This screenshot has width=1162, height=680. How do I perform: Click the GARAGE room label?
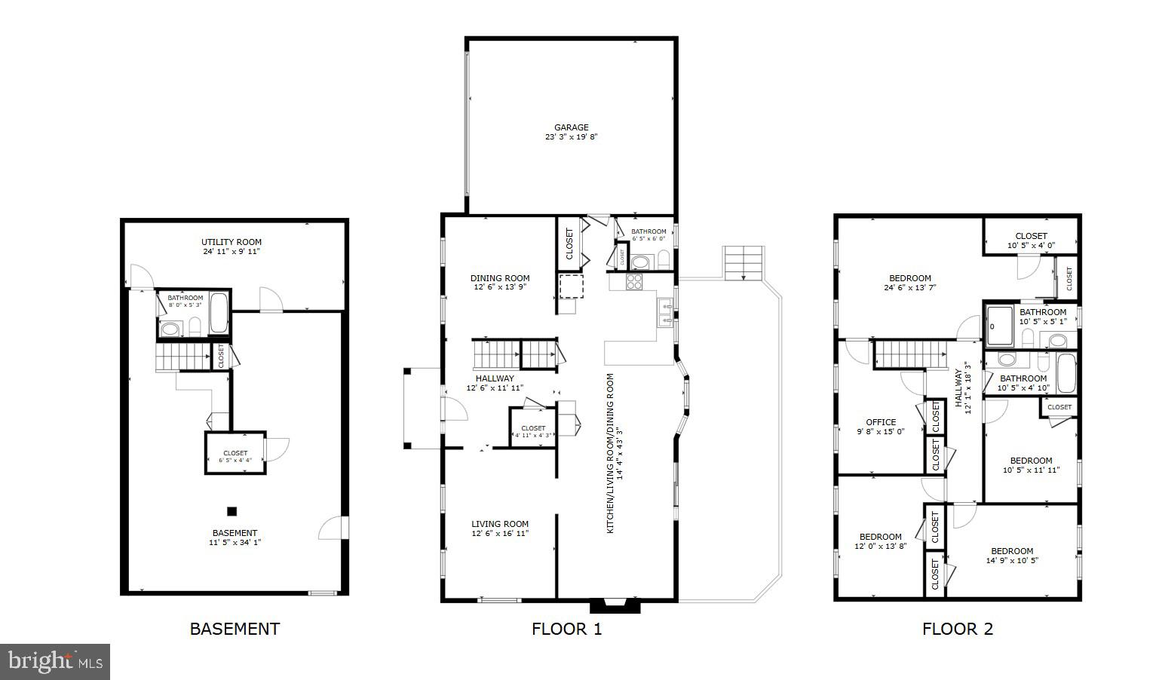coord(571,127)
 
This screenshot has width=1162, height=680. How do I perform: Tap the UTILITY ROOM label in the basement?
coord(231,242)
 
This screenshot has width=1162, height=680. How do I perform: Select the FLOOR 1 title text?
coord(566,629)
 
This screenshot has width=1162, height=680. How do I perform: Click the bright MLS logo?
coord(55,662)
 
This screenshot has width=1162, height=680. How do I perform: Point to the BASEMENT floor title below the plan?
coord(235,629)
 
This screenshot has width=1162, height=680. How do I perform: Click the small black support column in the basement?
coord(232,510)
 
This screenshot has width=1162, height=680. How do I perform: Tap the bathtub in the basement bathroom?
coord(219,313)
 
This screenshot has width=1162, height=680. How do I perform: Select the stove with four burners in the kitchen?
coord(634,282)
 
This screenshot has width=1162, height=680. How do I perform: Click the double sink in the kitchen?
coord(664,313)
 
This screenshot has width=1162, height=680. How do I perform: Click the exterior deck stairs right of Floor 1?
coord(743,263)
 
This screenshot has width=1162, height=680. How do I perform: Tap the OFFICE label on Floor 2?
coord(881,422)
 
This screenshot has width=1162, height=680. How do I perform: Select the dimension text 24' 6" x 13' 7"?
coord(909,287)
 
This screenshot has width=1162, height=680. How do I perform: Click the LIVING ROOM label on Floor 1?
coord(500,524)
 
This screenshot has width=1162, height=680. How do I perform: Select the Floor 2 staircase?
coord(909,353)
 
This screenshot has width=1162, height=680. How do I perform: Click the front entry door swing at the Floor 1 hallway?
coord(455,410)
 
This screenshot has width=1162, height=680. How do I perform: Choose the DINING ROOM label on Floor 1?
coord(500,278)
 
